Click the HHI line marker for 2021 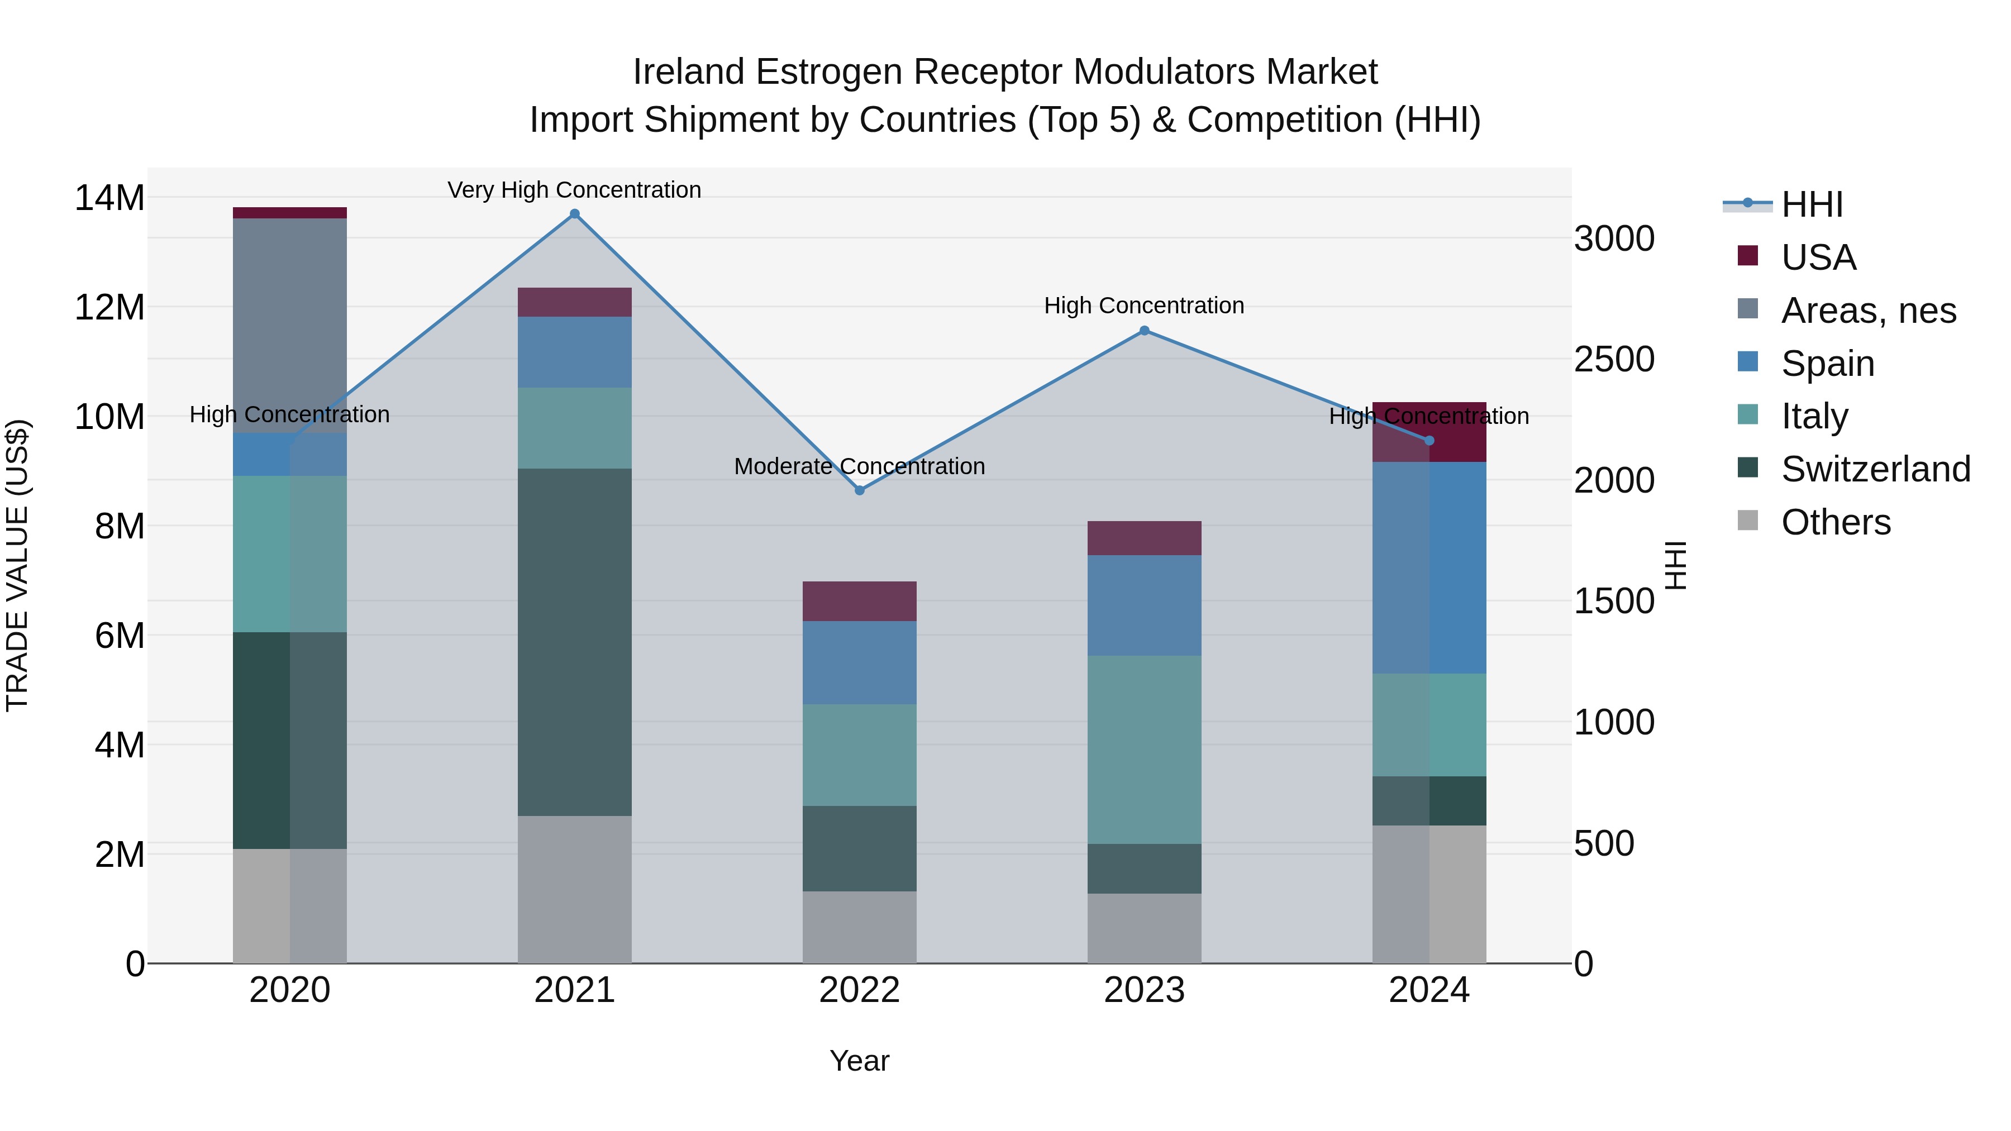(x=575, y=214)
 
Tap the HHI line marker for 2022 (x=860, y=490)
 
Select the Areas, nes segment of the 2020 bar (x=289, y=326)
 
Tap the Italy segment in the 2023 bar (x=1145, y=750)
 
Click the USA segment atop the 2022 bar (x=860, y=601)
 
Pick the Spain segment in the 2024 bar (x=1429, y=567)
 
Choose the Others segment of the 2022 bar (x=860, y=927)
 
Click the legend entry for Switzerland (x=1875, y=469)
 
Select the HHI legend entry (x=1811, y=204)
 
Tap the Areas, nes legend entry (x=1868, y=311)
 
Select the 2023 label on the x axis (x=1145, y=990)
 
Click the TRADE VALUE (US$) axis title (x=17, y=565)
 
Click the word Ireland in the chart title (x=688, y=72)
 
